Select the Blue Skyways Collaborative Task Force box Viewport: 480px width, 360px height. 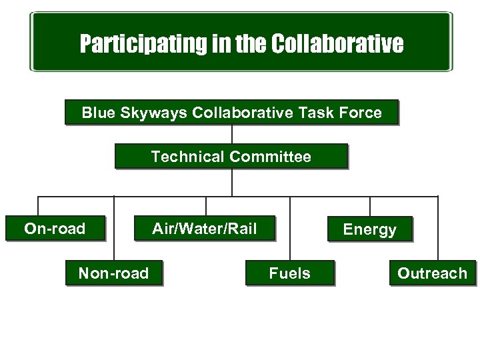(x=231, y=113)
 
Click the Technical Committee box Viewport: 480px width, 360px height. (x=231, y=157)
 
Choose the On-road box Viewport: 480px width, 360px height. (x=55, y=229)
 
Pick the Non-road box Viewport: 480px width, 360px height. (x=114, y=273)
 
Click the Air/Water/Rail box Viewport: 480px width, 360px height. (x=204, y=229)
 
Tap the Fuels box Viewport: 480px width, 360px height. (x=289, y=273)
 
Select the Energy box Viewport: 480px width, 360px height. (x=369, y=230)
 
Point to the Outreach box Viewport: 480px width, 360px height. (x=432, y=273)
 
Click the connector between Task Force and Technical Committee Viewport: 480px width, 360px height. (x=231, y=135)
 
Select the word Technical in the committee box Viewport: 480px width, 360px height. (x=188, y=157)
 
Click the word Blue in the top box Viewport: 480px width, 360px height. (x=97, y=113)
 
